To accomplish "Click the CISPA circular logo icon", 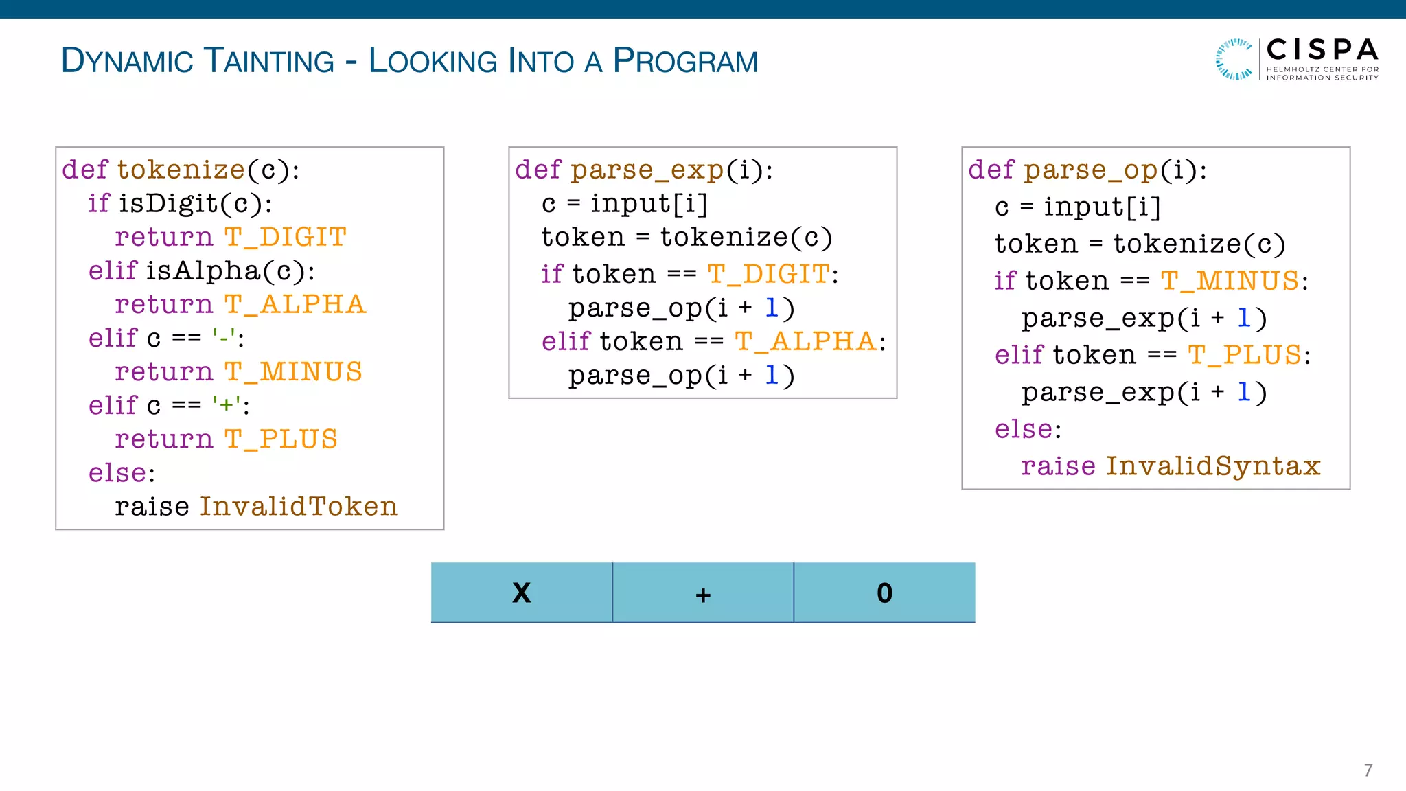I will pyautogui.click(x=1234, y=60).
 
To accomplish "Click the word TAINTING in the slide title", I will pyautogui.click(x=269, y=61).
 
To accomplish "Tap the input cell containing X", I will pyautogui.click(x=522, y=593).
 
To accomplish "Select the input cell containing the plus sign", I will pyautogui.click(x=703, y=593).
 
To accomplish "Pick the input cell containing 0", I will pyautogui.click(x=884, y=593).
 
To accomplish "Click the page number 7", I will pyautogui.click(x=1368, y=770).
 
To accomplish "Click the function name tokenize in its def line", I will pyautogui.click(x=181, y=170).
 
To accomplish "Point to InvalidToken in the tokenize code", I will pyautogui.click(x=299, y=507).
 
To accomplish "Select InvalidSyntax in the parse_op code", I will pyautogui.click(x=1213, y=466).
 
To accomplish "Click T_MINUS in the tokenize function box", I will pyautogui.click(x=293, y=372).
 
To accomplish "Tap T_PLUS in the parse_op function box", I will pyautogui.click(x=1245, y=355).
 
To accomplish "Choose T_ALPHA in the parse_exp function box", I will pyautogui.click(x=805, y=341).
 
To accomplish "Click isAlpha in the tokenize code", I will pyautogui.click(x=203, y=271).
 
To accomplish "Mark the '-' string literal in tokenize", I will pyautogui.click(x=224, y=338).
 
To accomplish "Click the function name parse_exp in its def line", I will pyautogui.click(x=647, y=170).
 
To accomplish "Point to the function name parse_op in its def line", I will pyautogui.click(x=1091, y=170).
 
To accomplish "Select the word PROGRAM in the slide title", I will pyautogui.click(x=685, y=61).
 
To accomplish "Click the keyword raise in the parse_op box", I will pyautogui.click(x=1058, y=466).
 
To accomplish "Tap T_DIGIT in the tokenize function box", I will pyautogui.click(x=286, y=237).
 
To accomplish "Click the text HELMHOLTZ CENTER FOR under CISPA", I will pyautogui.click(x=1322, y=69).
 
